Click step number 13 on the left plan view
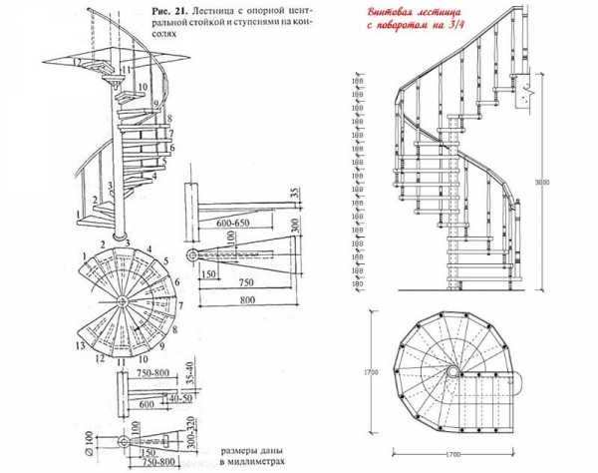pos(77,346)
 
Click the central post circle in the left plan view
pos(121,300)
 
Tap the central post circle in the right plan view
pos(452,370)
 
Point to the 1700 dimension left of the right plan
pos(371,371)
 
